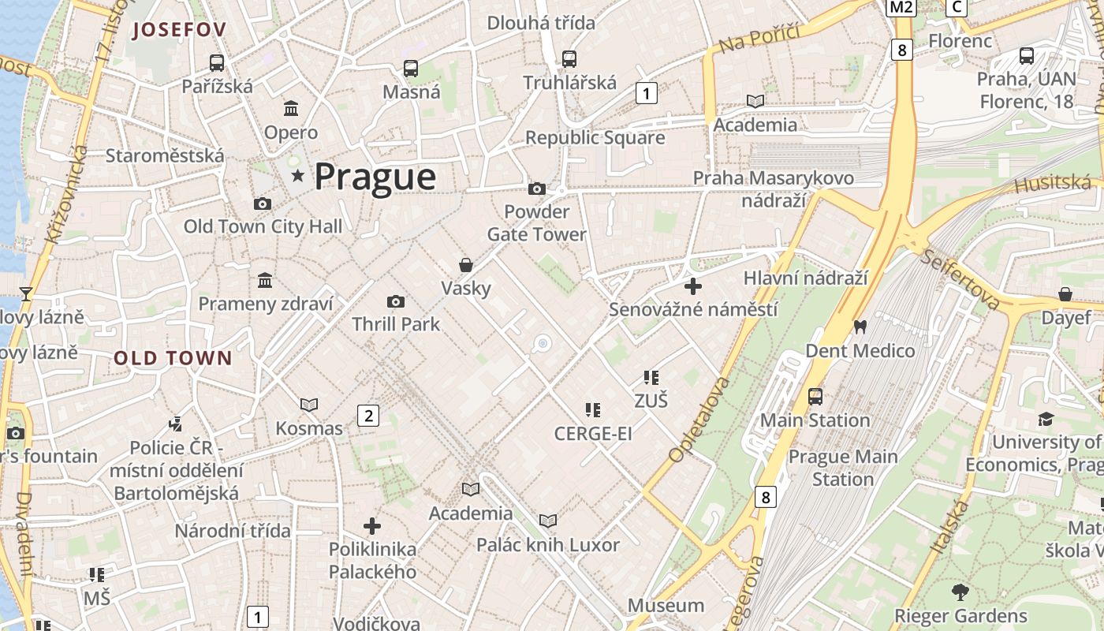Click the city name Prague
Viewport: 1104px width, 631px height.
point(375,177)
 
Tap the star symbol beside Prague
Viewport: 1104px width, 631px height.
point(297,175)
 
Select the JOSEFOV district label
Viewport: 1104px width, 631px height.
point(180,30)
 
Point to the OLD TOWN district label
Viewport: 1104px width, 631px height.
point(173,358)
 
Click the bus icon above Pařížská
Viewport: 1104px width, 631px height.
point(216,63)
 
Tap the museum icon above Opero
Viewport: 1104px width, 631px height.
point(291,108)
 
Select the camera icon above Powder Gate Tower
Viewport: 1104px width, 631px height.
point(537,189)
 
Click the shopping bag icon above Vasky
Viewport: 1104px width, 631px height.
point(466,265)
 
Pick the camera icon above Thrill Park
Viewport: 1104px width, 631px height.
point(396,301)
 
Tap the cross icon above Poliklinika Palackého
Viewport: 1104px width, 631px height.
point(372,526)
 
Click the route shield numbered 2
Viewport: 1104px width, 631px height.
point(368,415)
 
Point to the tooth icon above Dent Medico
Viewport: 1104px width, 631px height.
point(860,327)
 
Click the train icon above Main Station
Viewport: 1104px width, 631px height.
point(815,396)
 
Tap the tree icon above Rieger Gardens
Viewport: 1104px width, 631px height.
point(960,592)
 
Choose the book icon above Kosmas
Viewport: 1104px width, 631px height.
point(309,405)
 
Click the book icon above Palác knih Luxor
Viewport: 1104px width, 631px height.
point(548,521)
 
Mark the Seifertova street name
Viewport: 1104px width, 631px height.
point(960,280)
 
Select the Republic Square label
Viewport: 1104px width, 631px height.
point(595,138)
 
